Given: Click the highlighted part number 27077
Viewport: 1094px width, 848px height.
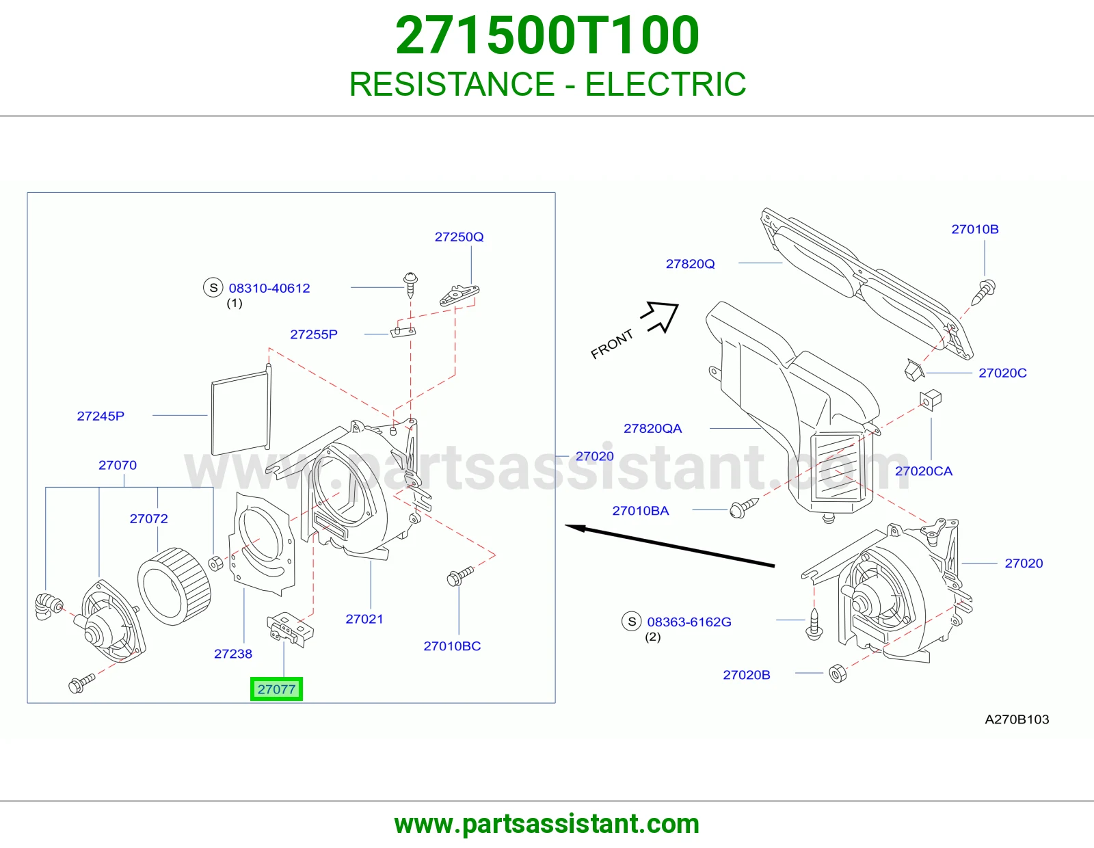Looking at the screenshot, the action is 276,689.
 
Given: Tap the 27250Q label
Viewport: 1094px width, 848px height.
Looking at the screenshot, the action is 459,237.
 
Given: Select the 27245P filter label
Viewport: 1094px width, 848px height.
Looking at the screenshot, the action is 101,416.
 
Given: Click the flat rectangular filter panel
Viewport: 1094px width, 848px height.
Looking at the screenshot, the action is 241,410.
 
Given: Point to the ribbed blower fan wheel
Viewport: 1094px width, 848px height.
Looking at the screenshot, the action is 174,586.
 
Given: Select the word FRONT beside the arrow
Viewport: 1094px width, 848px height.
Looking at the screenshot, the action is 612,345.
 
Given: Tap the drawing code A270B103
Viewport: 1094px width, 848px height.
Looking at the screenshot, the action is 1017,719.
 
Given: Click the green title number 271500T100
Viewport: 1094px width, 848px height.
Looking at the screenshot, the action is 547,36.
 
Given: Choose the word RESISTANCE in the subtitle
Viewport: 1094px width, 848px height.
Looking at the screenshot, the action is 451,84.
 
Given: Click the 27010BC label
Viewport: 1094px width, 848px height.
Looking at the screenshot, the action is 452,646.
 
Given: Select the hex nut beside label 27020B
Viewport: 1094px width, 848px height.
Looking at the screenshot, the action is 837,673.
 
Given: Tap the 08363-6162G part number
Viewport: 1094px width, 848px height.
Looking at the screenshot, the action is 689,622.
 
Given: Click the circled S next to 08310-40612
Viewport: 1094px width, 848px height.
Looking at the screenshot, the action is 213,287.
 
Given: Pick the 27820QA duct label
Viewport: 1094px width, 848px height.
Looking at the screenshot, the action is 652,429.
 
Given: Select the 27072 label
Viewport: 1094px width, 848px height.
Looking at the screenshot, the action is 148,518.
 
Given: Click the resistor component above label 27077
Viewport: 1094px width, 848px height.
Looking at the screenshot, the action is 289,629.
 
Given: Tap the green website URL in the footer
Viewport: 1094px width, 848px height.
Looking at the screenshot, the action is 547,824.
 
